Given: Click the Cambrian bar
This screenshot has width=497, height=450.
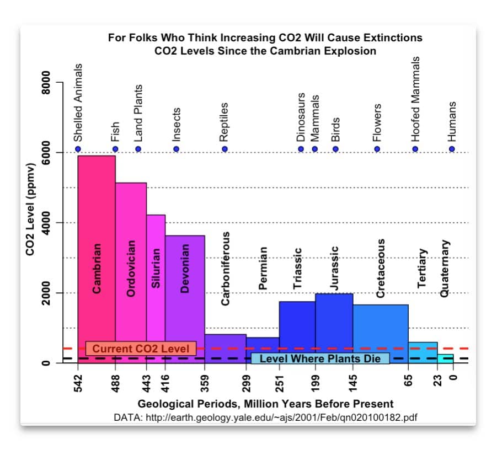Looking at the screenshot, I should pyautogui.click(x=97, y=248).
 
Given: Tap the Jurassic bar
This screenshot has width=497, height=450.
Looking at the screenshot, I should pyautogui.click(x=334, y=325).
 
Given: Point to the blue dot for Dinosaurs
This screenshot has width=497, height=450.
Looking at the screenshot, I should pyautogui.click(x=301, y=149).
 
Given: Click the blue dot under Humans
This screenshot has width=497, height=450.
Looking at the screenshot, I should pyautogui.click(x=452, y=149).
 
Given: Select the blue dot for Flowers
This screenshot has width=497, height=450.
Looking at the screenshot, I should pyautogui.click(x=377, y=149).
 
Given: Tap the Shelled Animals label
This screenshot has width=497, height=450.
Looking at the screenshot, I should pyautogui.click(x=78, y=102).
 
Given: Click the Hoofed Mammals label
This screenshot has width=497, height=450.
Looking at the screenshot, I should pyautogui.click(x=416, y=99).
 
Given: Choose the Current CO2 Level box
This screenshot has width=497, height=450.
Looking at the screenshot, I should pyautogui.click(x=141, y=349).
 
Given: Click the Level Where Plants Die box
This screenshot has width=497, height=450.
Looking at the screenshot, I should pyautogui.click(x=320, y=358).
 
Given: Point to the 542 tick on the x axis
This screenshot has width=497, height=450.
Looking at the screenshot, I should pyautogui.click(x=78, y=381).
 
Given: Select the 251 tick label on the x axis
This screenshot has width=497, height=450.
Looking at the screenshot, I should pyautogui.click(x=280, y=381).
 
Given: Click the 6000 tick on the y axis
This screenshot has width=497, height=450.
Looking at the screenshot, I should pyautogui.click(x=47, y=152).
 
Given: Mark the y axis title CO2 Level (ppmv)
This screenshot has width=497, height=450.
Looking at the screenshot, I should pyautogui.click(x=30, y=210).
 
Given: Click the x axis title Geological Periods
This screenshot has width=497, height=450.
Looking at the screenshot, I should pyautogui.click(x=265, y=404).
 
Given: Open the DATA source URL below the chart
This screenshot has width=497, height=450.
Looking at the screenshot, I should pyautogui.click(x=265, y=417).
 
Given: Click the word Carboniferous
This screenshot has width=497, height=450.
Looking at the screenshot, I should pyautogui.click(x=225, y=267).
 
